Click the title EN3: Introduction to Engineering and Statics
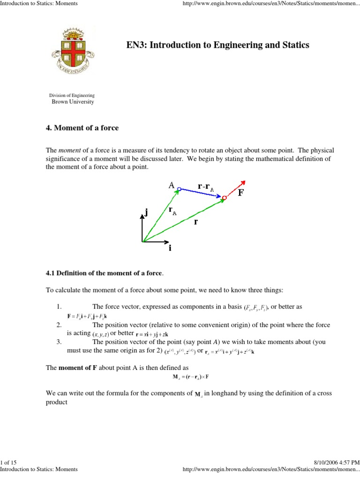pyautogui.click(x=217, y=45)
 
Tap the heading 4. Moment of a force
pyautogui.click(x=82, y=127)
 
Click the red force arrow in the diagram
pyautogui.click(x=236, y=189)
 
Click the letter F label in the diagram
pyautogui.click(x=240, y=193)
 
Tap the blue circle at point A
pyautogui.click(x=179, y=188)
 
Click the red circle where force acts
pyautogui.click(x=225, y=198)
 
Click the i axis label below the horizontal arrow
pyautogui.click(x=170, y=248)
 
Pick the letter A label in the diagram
pyautogui.click(x=172, y=185)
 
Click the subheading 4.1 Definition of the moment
pyautogui.click(x=104, y=273)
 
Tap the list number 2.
pyautogui.click(x=59, y=324)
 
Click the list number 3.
pyautogui.click(x=59, y=342)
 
